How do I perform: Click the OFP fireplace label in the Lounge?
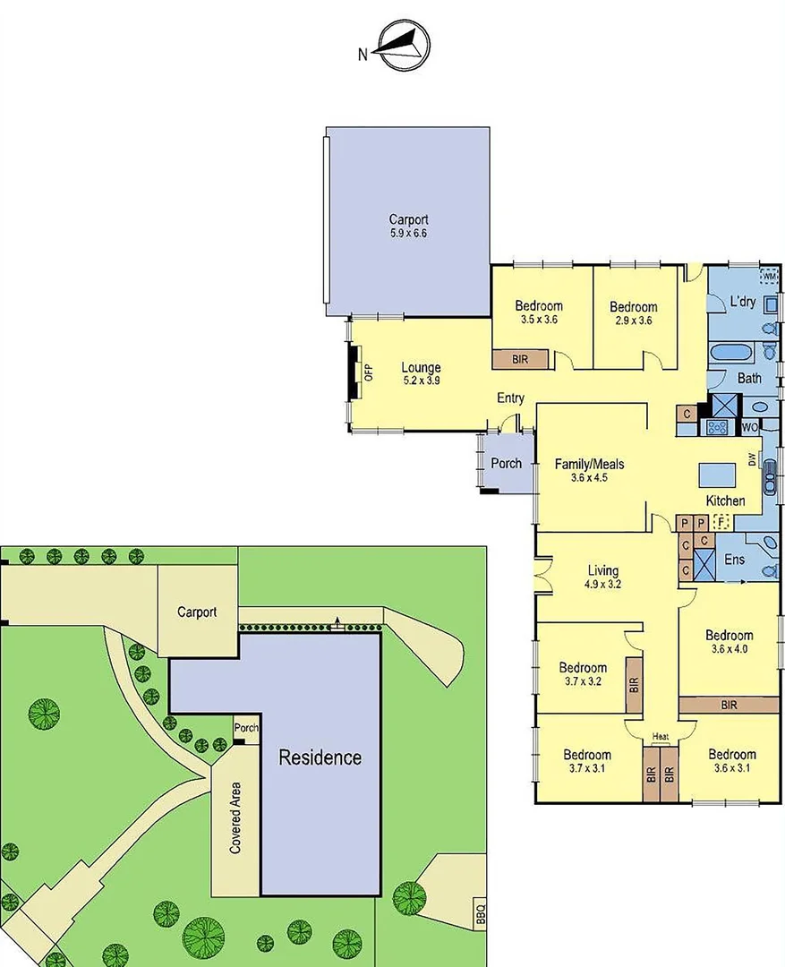coord(368,370)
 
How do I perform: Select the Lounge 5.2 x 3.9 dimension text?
coord(421,380)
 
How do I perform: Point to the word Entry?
coord(511,399)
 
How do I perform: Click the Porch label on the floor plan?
coord(507,463)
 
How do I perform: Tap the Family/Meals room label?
coord(589,464)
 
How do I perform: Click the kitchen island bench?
coord(715,472)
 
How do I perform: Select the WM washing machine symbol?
coord(769,276)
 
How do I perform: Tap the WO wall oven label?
coord(750,428)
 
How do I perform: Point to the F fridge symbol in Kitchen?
coord(721,521)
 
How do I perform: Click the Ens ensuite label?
coord(734,560)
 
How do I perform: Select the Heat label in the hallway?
coord(661,737)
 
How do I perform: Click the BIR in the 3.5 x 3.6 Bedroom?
coord(520,358)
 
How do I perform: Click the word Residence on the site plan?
coord(320,757)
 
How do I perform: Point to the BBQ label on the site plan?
coord(480,914)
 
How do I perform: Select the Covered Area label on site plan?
coord(236,818)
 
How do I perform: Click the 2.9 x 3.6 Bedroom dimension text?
coord(634,319)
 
